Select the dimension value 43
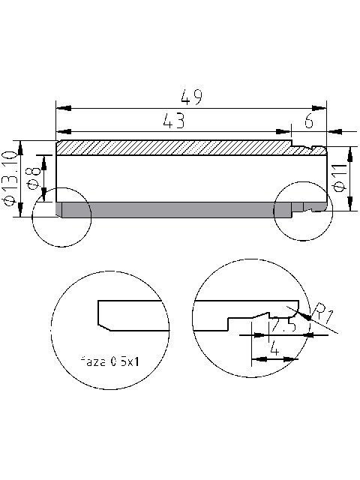pyautogui.click(x=173, y=120)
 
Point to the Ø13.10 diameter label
pyautogui.click(x=10, y=177)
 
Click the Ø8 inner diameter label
pyautogui.click(x=33, y=180)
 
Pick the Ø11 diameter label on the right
pyautogui.click(x=339, y=178)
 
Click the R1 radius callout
pyautogui.click(x=323, y=311)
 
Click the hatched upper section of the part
pyautogui.click(x=172, y=148)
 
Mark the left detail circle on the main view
pyautogui.click(x=61, y=218)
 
